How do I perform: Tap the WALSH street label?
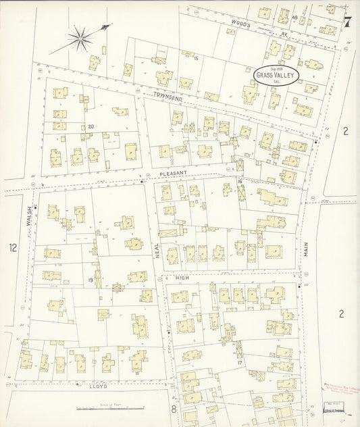coord(30,220)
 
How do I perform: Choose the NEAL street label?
coord(158,252)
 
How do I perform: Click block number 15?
coord(195,59)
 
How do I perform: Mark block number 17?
coord(240,363)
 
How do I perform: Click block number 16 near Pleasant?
coord(240,182)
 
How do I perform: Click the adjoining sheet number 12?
coord(11,248)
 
